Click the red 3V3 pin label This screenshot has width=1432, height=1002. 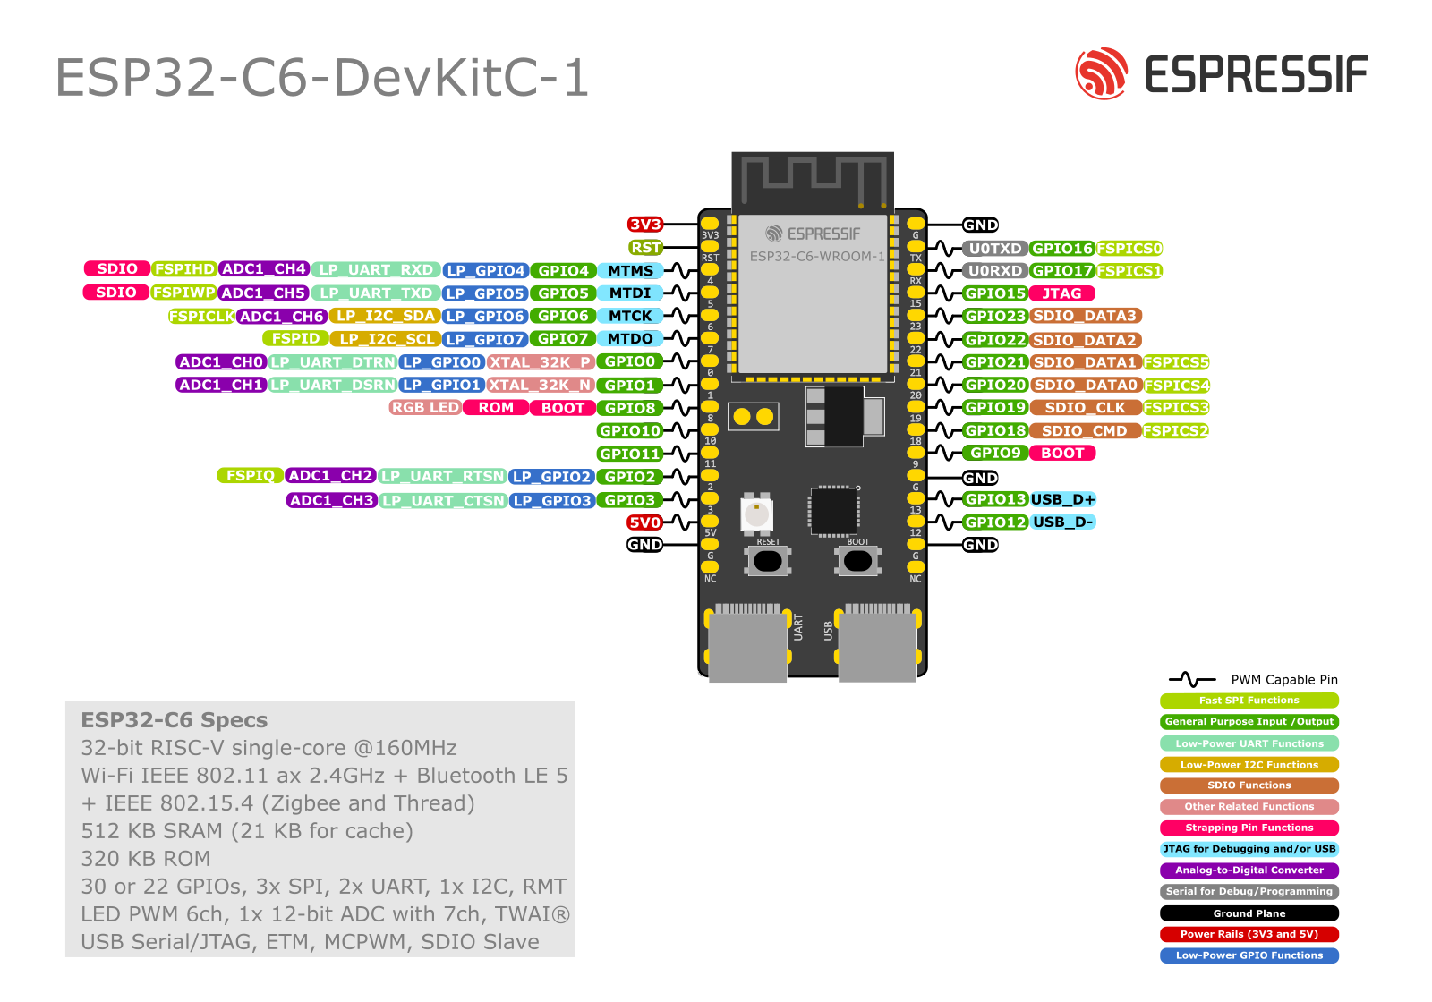coord(644,225)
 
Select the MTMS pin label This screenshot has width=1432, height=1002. coord(630,270)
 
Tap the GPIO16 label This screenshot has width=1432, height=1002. coord(1061,249)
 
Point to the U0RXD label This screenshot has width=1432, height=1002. coord(994,271)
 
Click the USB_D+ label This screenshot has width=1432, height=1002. coord(1062,499)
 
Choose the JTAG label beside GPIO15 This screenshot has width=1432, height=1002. coord(1061,293)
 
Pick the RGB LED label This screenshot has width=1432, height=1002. coord(425,408)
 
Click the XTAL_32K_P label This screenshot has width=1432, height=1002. coord(541,362)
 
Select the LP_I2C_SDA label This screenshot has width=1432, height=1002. coord(385,316)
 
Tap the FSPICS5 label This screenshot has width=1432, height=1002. coord(1175,362)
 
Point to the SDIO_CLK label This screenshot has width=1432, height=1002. coord(1085,408)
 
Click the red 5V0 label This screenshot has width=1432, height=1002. coord(644,522)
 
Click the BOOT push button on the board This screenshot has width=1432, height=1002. coord(857,561)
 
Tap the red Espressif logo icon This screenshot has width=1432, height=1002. coord(1102,73)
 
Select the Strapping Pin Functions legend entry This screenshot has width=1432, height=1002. coord(1249,828)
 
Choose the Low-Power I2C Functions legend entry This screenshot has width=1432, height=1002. coord(1249,765)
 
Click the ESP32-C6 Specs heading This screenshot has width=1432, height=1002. coord(174,720)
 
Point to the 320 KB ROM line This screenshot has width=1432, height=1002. coord(146,859)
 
